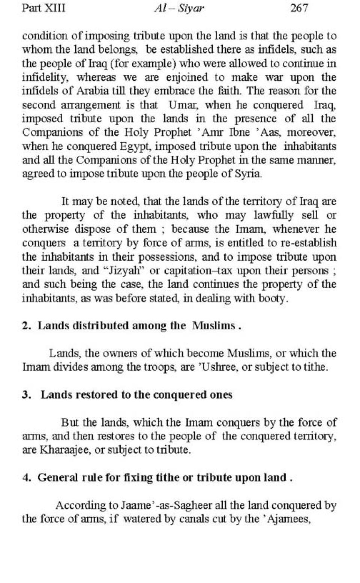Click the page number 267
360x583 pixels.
click(x=299, y=8)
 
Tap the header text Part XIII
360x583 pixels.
click(x=43, y=8)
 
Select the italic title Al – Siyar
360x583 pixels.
click(x=179, y=9)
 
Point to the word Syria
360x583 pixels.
click(x=250, y=174)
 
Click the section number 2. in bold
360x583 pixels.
click(x=26, y=326)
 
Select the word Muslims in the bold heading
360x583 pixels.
click(x=214, y=326)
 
